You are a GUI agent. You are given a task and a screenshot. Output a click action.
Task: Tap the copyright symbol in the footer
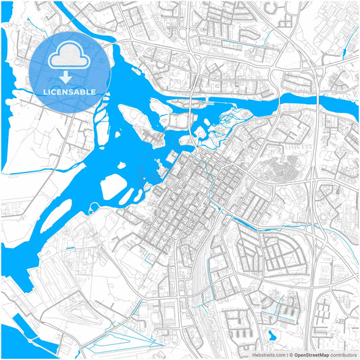point(291,354)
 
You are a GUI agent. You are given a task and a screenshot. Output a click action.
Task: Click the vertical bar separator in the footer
point(286,354)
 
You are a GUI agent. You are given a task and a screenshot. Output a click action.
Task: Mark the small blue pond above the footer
point(272,335)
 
